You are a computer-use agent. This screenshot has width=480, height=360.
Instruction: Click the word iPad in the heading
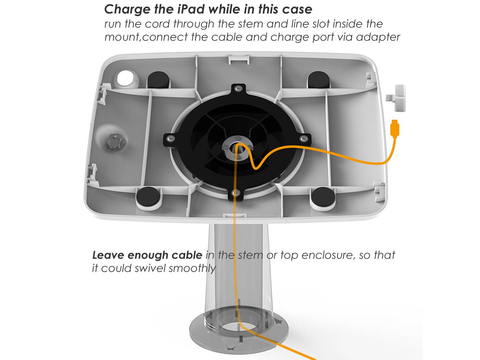coord(191,9)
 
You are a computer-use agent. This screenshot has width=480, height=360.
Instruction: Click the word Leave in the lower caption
coord(108,255)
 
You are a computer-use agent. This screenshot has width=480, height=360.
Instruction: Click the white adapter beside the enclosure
coord(396,98)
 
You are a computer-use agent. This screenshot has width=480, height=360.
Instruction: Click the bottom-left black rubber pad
coord(148,196)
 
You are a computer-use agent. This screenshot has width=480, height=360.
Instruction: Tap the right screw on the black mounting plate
coord(304,139)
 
